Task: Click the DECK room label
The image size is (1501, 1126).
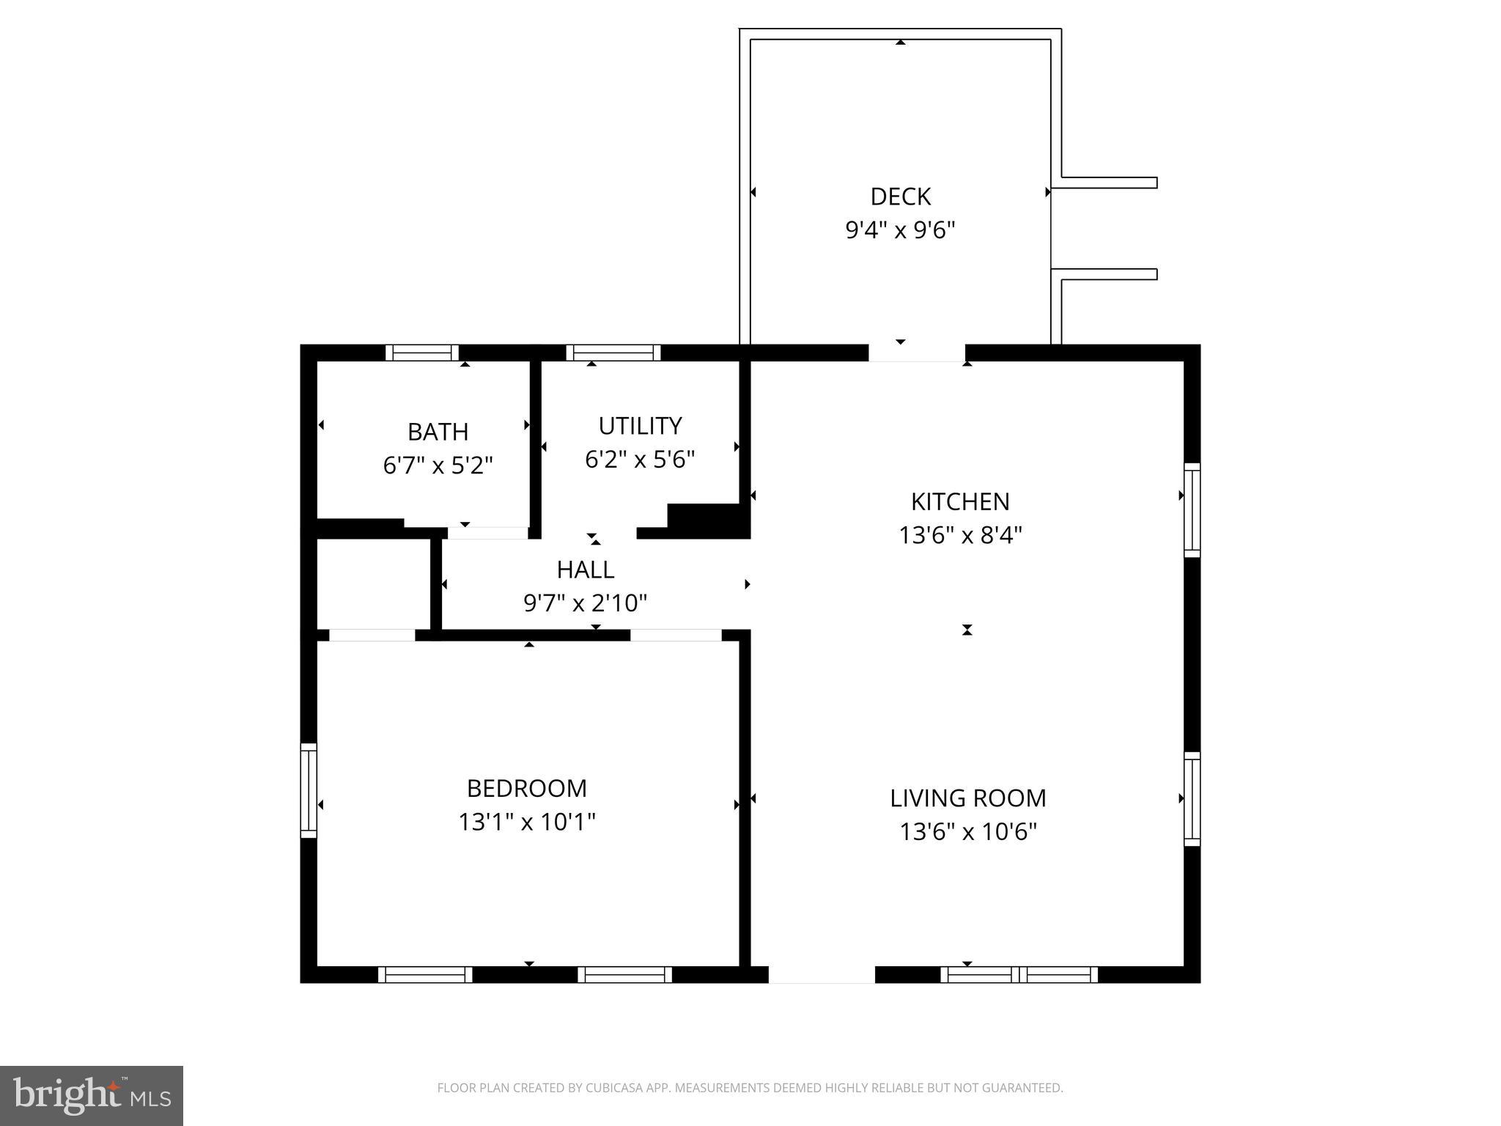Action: pos(900,196)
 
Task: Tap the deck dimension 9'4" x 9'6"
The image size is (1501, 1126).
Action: pos(900,230)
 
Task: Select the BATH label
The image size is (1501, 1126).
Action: pos(438,432)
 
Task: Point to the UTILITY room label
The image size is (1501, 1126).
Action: pos(640,426)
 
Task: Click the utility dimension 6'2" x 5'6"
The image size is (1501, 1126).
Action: pos(640,460)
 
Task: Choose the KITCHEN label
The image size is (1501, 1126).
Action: pos(960,501)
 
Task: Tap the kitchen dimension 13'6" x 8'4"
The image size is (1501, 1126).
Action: pos(960,535)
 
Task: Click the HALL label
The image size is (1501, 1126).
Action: pos(586,570)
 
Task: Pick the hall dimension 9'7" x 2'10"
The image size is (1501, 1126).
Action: pos(586,603)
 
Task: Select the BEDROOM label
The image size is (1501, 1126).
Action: pos(527,788)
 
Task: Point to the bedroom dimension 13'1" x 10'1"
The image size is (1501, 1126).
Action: pos(527,822)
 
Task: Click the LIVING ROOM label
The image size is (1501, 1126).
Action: pos(968,798)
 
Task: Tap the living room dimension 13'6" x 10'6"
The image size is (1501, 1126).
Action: pos(968,831)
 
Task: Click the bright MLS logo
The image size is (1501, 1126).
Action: pos(92,1095)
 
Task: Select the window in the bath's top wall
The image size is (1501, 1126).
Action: pos(422,353)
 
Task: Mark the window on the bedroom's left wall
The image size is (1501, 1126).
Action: pos(309,790)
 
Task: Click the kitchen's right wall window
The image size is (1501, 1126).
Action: pos(1192,510)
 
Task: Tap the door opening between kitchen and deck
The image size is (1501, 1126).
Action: pos(917,353)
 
